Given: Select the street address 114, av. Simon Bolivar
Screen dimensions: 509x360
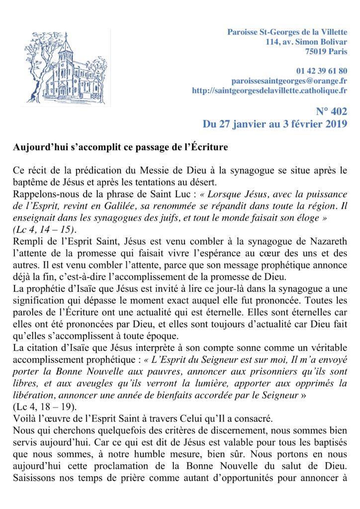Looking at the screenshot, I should [x=306, y=42].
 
